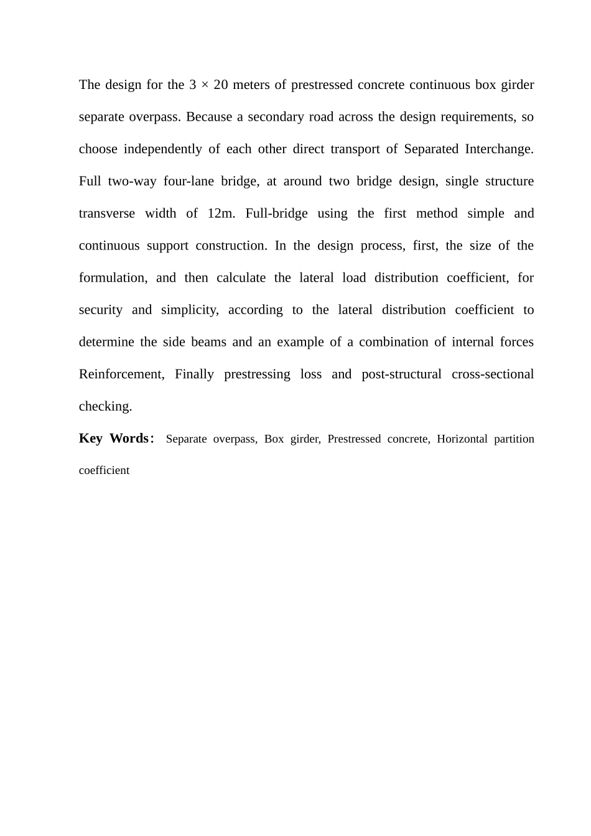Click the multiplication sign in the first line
click(x=205, y=85)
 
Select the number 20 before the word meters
click(x=220, y=85)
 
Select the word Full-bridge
click(x=276, y=213)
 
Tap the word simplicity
click(x=190, y=310)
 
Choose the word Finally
click(x=195, y=374)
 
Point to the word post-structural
click(x=401, y=374)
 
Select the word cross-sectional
click(x=493, y=374)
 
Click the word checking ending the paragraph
click(x=105, y=407)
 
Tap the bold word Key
click(x=91, y=439)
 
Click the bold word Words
click(x=129, y=439)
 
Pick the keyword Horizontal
click(x=462, y=439)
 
